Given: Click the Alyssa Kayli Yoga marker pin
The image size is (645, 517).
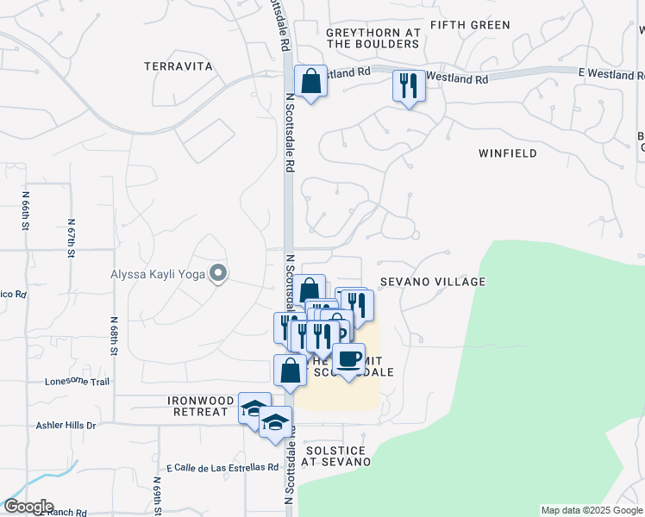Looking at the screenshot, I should tap(219, 275).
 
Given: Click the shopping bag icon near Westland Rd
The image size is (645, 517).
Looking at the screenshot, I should tap(310, 82).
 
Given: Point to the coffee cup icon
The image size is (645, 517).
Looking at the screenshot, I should tap(348, 358).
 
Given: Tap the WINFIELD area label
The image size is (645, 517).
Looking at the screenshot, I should tap(507, 153).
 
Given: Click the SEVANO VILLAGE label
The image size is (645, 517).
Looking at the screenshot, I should tap(433, 282).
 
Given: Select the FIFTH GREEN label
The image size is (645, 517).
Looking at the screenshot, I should tap(470, 25).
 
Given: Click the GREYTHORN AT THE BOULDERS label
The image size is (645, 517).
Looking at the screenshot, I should tap(373, 38).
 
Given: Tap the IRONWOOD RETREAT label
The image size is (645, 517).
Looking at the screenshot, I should tap(201, 406).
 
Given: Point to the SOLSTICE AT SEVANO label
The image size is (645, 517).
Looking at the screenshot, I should tap(335, 456).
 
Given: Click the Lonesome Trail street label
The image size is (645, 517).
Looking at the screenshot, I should tap(78, 381).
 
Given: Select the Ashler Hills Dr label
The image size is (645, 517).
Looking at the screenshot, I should tap(66, 426).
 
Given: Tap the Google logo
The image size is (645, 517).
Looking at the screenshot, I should tap(28, 507).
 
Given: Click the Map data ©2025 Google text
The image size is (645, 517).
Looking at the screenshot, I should tap(592, 510).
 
